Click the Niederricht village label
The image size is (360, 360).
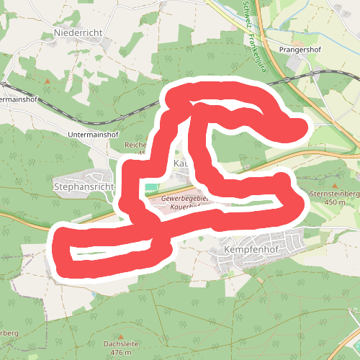[78, 33]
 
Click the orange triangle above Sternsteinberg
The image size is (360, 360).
[334, 184]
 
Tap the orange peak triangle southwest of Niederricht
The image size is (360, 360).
[48, 81]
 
